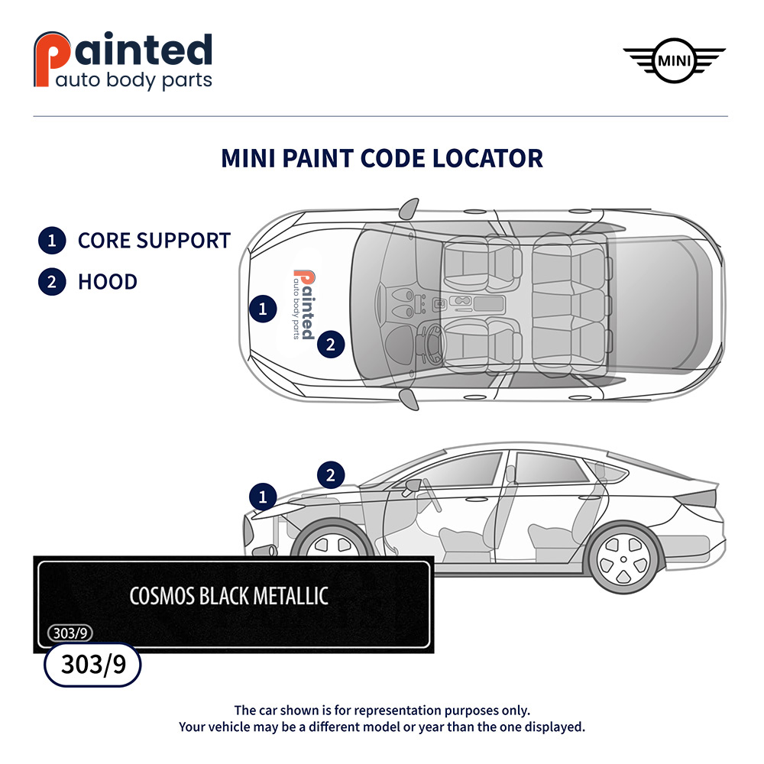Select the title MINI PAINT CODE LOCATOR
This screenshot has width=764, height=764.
(382, 158)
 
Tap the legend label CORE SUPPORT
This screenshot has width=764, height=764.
(154, 241)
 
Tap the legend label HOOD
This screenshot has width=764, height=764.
(108, 282)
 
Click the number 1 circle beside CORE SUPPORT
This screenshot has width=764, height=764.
(51, 241)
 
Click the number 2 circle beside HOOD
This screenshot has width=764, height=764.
(51, 282)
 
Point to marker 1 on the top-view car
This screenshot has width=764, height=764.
(263, 309)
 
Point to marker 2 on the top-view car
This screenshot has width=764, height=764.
(330, 345)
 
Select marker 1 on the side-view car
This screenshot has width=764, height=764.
(263, 497)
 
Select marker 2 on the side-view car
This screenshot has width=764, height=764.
(330, 475)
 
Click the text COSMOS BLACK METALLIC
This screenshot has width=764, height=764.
(228, 596)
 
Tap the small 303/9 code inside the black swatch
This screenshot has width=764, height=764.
(70, 633)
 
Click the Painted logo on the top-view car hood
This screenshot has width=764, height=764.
(303, 305)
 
